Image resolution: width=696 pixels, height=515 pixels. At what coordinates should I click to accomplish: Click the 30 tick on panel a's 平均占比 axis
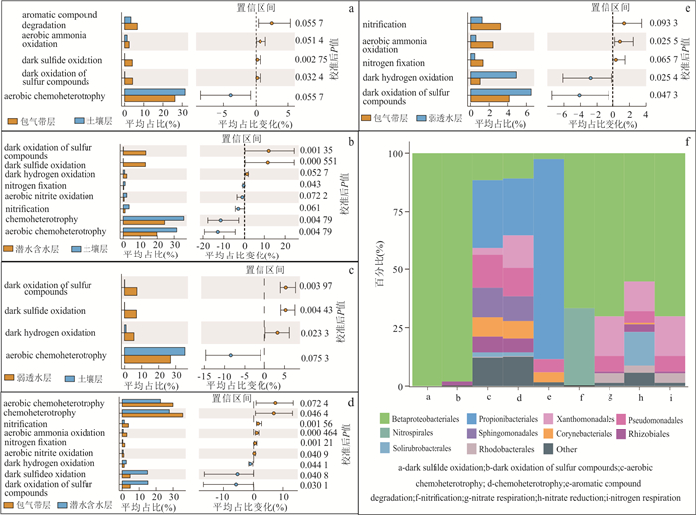point(180,114)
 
